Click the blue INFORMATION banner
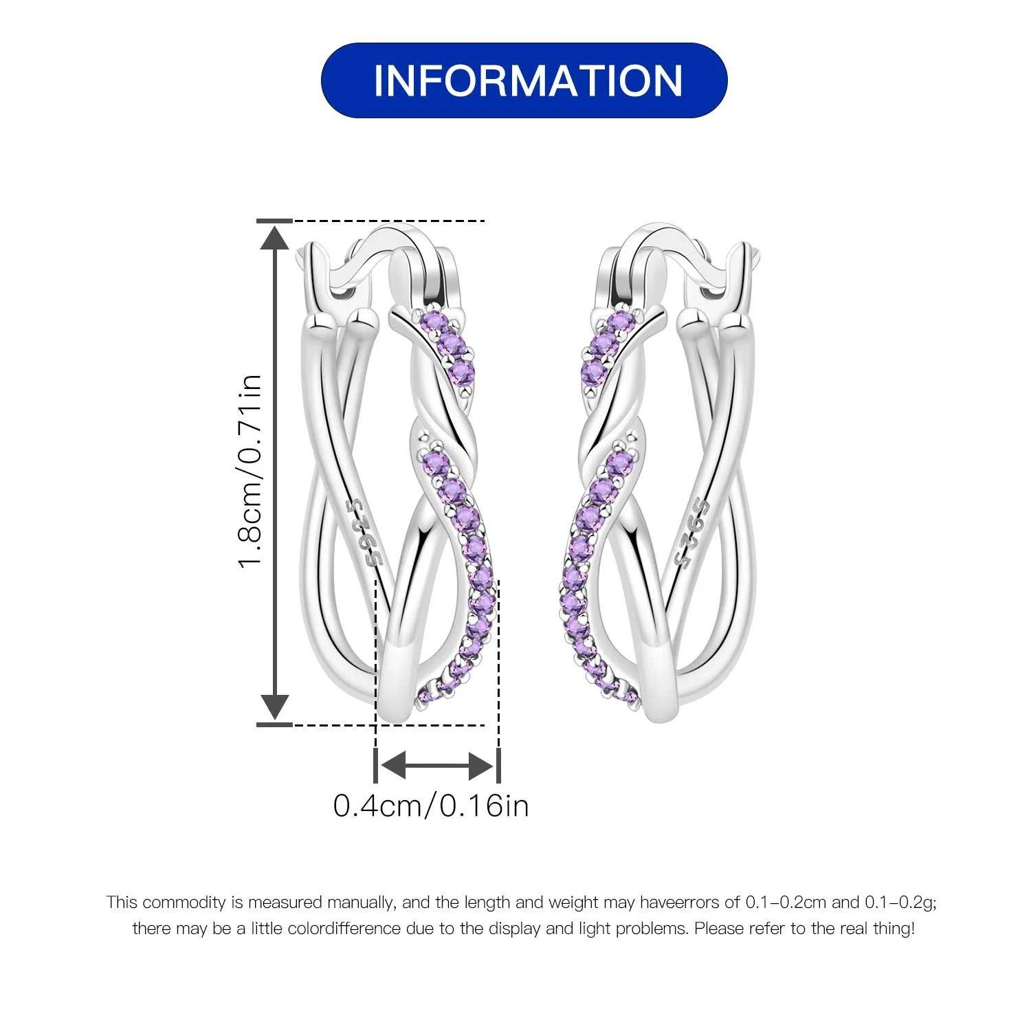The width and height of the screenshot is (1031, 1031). point(524,80)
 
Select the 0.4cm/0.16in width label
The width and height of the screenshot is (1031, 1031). point(431,806)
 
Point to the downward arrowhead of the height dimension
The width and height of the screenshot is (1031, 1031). point(275,707)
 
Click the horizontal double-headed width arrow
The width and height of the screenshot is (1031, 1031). point(436,764)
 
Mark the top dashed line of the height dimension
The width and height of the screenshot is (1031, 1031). point(389,221)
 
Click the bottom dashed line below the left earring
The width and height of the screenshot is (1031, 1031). point(389,724)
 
